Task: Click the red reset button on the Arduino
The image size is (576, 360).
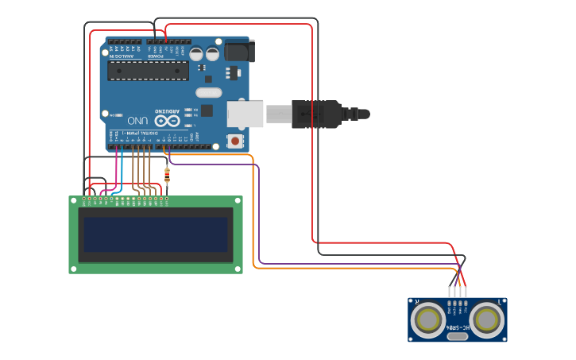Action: tap(234, 141)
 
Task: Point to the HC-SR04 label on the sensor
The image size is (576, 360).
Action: tap(458, 327)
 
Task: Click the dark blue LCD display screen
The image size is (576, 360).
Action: tap(156, 234)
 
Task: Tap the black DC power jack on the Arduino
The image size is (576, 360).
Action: tap(238, 51)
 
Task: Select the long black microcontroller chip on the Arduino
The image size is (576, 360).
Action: tap(149, 70)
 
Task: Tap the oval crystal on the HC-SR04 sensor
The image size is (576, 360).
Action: tap(458, 336)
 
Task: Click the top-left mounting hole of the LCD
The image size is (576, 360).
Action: tap(72, 200)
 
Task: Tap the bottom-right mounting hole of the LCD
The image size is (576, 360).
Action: tap(238, 270)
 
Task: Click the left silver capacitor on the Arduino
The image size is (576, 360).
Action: tap(196, 54)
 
